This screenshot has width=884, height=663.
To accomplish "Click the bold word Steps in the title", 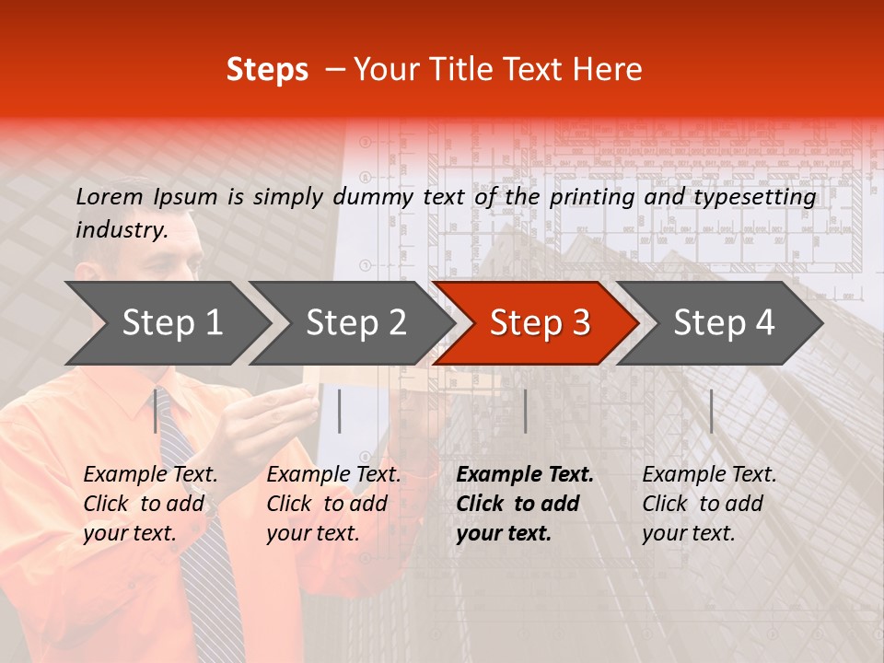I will point(267,70).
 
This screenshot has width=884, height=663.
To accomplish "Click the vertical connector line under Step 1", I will point(156,411).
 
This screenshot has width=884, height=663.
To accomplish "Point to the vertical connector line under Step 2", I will point(340,411).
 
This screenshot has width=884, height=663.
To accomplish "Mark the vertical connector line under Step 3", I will point(525,411).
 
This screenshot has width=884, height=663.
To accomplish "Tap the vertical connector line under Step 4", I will point(711,411).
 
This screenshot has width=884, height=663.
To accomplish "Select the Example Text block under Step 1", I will point(150,504).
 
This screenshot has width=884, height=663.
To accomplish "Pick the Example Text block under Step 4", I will point(709,504).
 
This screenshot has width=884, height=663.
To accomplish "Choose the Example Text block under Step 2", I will point(333,504).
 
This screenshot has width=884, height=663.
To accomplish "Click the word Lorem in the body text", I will point(109,196).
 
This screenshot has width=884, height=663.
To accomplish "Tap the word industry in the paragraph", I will point(120,230).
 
